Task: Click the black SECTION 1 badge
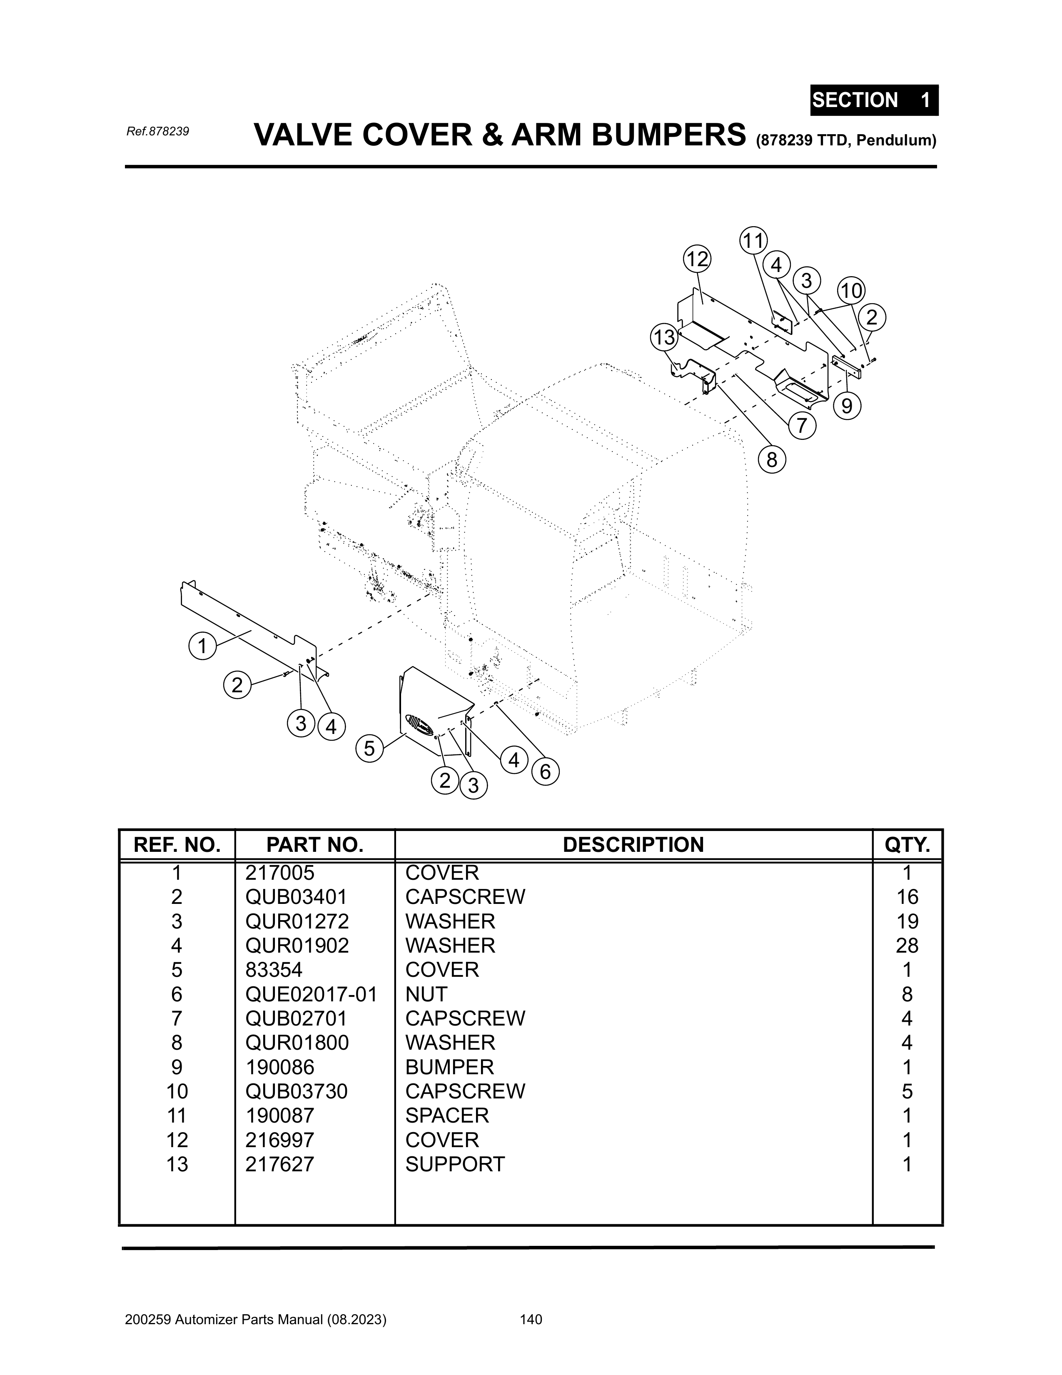pos(874,100)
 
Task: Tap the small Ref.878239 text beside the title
pos(157,132)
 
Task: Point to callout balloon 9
pos(847,406)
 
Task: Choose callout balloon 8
pos(771,460)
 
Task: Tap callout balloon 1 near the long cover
pos(202,646)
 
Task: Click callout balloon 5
pos(369,749)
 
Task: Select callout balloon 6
pos(545,771)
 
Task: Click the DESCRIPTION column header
pos(633,845)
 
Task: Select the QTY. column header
pos(907,845)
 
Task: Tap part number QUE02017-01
pos(311,994)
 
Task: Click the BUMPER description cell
pos(449,1067)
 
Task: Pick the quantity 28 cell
pos(907,946)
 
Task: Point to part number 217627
pos(279,1164)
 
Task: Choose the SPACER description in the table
pos(447,1115)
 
